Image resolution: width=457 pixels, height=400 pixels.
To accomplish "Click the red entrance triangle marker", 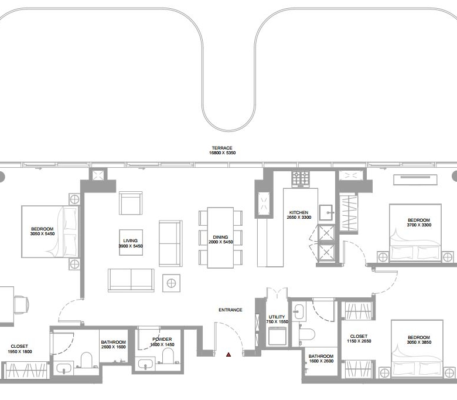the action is click(x=228, y=355).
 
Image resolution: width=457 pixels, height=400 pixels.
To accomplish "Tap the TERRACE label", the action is click(x=222, y=148).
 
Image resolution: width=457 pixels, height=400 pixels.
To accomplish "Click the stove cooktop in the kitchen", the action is click(x=301, y=179).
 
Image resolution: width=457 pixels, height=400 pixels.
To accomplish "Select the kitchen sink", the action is click(x=326, y=213).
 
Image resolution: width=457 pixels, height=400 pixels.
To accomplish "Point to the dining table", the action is click(x=220, y=238).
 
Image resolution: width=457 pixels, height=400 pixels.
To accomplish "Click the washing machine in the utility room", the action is click(x=277, y=336).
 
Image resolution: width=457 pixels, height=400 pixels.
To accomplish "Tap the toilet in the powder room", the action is click(x=168, y=355).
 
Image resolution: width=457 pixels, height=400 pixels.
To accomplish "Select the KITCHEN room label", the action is click(x=299, y=213).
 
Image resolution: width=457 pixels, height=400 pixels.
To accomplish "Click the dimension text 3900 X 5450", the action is click(x=131, y=246).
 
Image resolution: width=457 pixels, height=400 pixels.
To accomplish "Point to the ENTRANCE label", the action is click(x=230, y=310).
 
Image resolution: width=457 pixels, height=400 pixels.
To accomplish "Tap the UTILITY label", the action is click(x=277, y=317).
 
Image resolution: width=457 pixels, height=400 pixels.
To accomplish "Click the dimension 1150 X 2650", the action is click(x=359, y=341).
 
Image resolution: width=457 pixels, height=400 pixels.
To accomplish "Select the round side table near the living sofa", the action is click(x=171, y=283).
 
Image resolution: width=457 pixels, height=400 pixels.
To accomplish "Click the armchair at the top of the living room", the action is click(x=131, y=203).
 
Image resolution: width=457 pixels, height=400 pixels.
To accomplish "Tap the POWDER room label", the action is click(x=162, y=340).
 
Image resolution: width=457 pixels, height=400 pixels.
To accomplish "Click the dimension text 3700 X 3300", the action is click(x=419, y=225).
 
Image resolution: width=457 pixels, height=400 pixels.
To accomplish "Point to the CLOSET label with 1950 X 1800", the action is click(x=19, y=346).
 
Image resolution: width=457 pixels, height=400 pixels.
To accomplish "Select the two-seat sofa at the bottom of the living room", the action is click(x=131, y=280).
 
